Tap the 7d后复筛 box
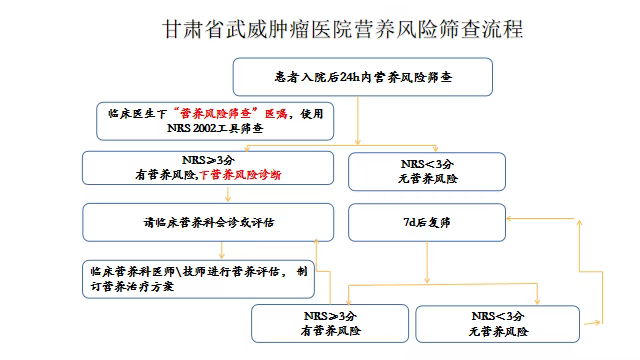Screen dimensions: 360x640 (424, 222)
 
